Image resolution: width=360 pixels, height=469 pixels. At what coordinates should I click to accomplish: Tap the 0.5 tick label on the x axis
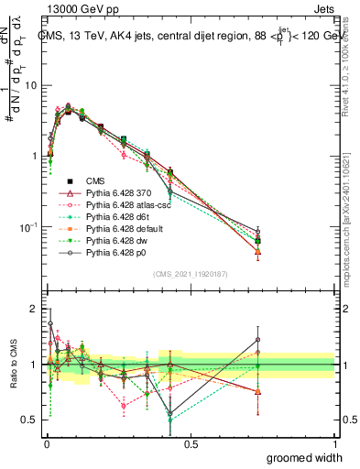coord(191,443)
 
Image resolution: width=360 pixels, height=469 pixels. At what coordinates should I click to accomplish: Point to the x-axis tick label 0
coord(46,443)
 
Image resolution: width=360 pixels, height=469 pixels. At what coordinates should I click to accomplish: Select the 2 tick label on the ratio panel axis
coord(36,309)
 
